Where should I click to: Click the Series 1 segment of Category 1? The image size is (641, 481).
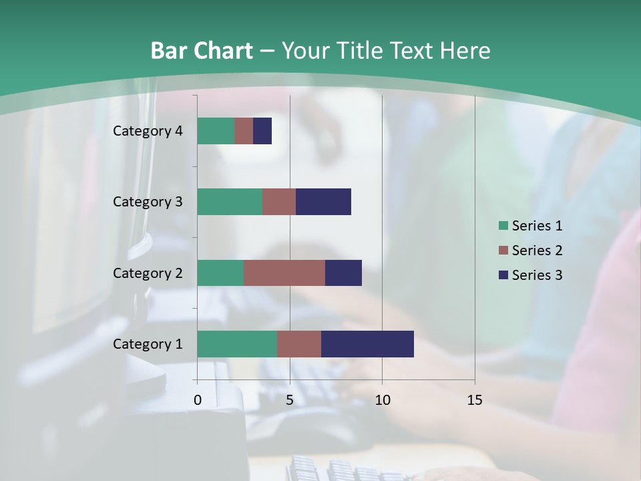tap(237, 344)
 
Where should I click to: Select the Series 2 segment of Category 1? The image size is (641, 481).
tap(299, 344)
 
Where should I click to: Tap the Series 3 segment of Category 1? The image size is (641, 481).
tap(367, 344)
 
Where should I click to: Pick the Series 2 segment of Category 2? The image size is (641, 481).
tap(284, 273)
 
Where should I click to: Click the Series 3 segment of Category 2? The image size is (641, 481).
tap(343, 273)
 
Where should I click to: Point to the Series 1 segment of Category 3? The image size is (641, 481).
tap(230, 202)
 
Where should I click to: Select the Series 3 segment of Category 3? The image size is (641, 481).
tap(323, 202)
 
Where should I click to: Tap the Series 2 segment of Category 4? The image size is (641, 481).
tap(244, 131)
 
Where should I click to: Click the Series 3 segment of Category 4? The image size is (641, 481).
tap(262, 131)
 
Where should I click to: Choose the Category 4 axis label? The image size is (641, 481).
tap(148, 131)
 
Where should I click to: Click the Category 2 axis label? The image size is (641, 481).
tap(148, 273)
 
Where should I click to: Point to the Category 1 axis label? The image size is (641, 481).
tap(148, 344)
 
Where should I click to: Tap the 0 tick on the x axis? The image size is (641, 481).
tap(198, 400)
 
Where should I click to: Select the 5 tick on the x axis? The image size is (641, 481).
tap(290, 400)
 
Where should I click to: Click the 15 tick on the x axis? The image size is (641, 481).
tap(475, 400)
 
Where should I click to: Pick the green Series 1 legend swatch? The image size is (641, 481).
tap(503, 226)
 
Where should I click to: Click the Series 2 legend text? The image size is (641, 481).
tap(537, 251)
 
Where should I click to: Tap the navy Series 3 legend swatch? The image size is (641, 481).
tap(503, 275)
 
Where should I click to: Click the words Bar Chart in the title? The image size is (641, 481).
tap(201, 51)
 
